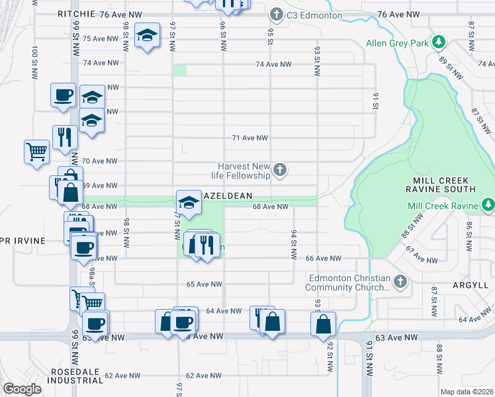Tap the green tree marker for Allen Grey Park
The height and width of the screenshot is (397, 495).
tap(438, 42)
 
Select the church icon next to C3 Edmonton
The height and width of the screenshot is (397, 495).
tap(277, 15)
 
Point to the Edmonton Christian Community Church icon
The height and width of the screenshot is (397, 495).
tap(400, 283)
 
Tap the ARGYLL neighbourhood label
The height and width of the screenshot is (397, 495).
tap(470, 285)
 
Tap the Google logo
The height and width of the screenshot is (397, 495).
tap(22, 389)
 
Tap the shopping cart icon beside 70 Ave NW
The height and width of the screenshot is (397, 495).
tap(36, 151)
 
